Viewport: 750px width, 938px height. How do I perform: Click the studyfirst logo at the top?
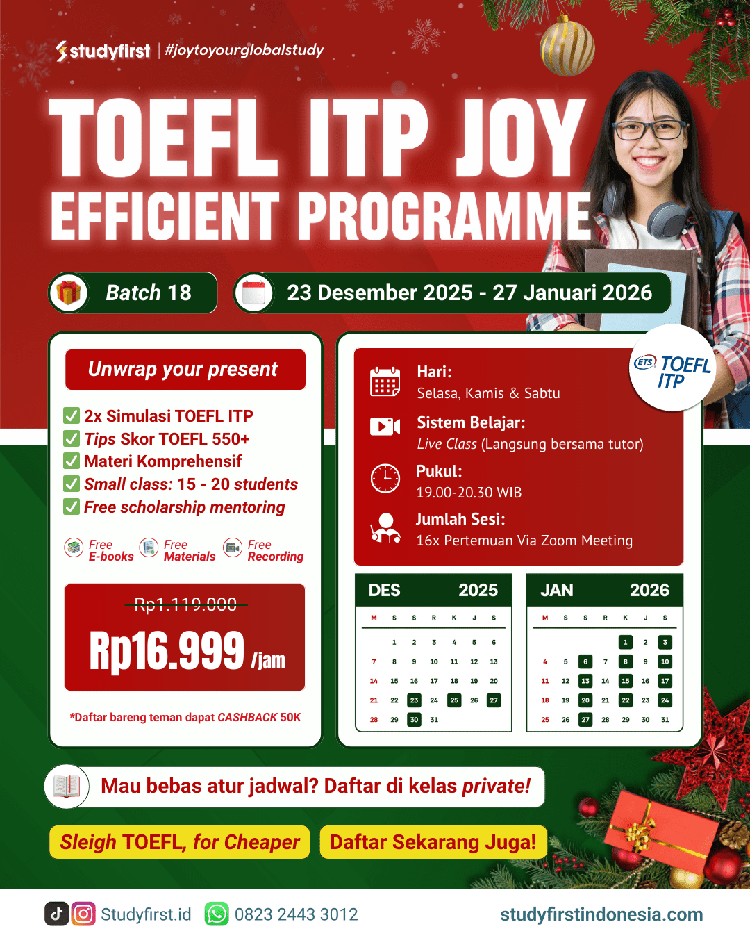tap(103, 51)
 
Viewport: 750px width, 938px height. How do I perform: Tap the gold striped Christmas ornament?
tap(567, 47)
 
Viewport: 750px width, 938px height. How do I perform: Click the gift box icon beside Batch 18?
tap(69, 293)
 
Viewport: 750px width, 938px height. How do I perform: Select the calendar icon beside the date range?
tap(253, 293)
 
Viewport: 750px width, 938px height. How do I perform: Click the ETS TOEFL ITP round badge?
tap(672, 368)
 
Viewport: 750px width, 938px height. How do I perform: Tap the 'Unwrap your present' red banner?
tap(185, 369)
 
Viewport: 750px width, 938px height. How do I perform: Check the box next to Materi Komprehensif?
tap(72, 461)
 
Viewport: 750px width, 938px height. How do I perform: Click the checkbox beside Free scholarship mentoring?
tap(72, 507)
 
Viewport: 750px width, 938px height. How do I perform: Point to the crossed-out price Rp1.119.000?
tap(185, 604)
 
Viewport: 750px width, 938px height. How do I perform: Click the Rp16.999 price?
tap(167, 651)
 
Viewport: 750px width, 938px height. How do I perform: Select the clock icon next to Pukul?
tap(385, 478)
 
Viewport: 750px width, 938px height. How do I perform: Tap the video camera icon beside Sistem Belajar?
tap(385, 427)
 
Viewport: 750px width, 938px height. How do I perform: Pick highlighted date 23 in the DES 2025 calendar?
tap(414, 700)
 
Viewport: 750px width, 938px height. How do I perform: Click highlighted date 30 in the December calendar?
tap(414, 719)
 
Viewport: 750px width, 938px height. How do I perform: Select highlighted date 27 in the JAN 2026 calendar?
tap(585, 719)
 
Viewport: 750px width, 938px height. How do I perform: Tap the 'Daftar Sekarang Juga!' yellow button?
tap(433, 842)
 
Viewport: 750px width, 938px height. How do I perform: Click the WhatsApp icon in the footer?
tap(217, 914)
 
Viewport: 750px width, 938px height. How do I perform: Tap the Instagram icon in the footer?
tap(83, 914)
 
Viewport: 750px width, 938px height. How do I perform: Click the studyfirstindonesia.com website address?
tap(601, 914)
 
